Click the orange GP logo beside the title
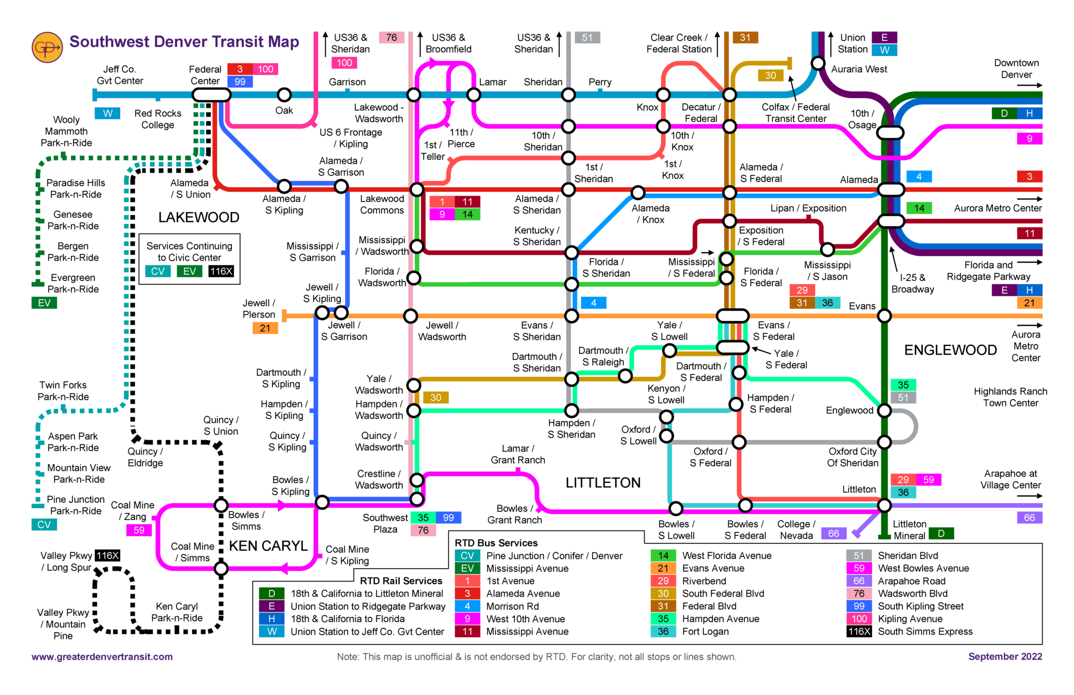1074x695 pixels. [x=47, y=47]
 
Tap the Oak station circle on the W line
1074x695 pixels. [x=284, y=95]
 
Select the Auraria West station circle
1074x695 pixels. [x=818, y=63]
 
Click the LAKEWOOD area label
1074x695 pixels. [x=199, y=217]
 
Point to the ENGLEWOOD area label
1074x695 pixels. [x=950, y=350]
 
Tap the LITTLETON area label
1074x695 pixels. [x=603, y=483]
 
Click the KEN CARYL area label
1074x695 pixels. [x=268, y=546]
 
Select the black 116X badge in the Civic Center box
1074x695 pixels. [x=221, y=271]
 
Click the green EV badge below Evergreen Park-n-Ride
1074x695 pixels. [x=44, y=303]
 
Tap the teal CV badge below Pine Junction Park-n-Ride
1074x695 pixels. [x=44, y=525]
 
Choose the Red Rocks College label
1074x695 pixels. [x=157, y=119]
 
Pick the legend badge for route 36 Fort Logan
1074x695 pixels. [x=663, y=632]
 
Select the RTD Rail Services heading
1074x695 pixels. [x=401, y=581]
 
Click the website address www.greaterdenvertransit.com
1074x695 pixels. [x=102, y=657]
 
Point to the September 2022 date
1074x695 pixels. [x=1005, y=657]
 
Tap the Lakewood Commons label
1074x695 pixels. [x=382, y=205]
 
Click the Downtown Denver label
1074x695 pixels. [x=1016, y=69]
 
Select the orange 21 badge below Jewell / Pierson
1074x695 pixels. [x=265, y=328]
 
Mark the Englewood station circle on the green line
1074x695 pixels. [x=884, y=410]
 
